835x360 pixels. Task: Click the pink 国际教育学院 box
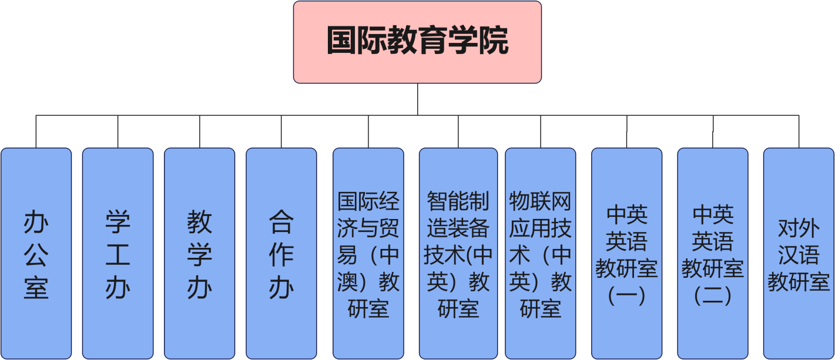(x=417, y=42)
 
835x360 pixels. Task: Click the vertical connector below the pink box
(x=418, y=99)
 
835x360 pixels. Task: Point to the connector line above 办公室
(x=36, y=131)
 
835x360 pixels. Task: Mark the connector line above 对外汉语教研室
(x=799, y=131)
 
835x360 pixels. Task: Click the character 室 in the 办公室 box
(x=36, y=288)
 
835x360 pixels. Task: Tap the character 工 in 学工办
(x=118, y=255)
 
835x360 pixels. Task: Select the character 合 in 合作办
(x=281, y=221)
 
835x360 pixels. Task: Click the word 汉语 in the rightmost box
(x=799, y=255)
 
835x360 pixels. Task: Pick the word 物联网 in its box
(x=541, y=201)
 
